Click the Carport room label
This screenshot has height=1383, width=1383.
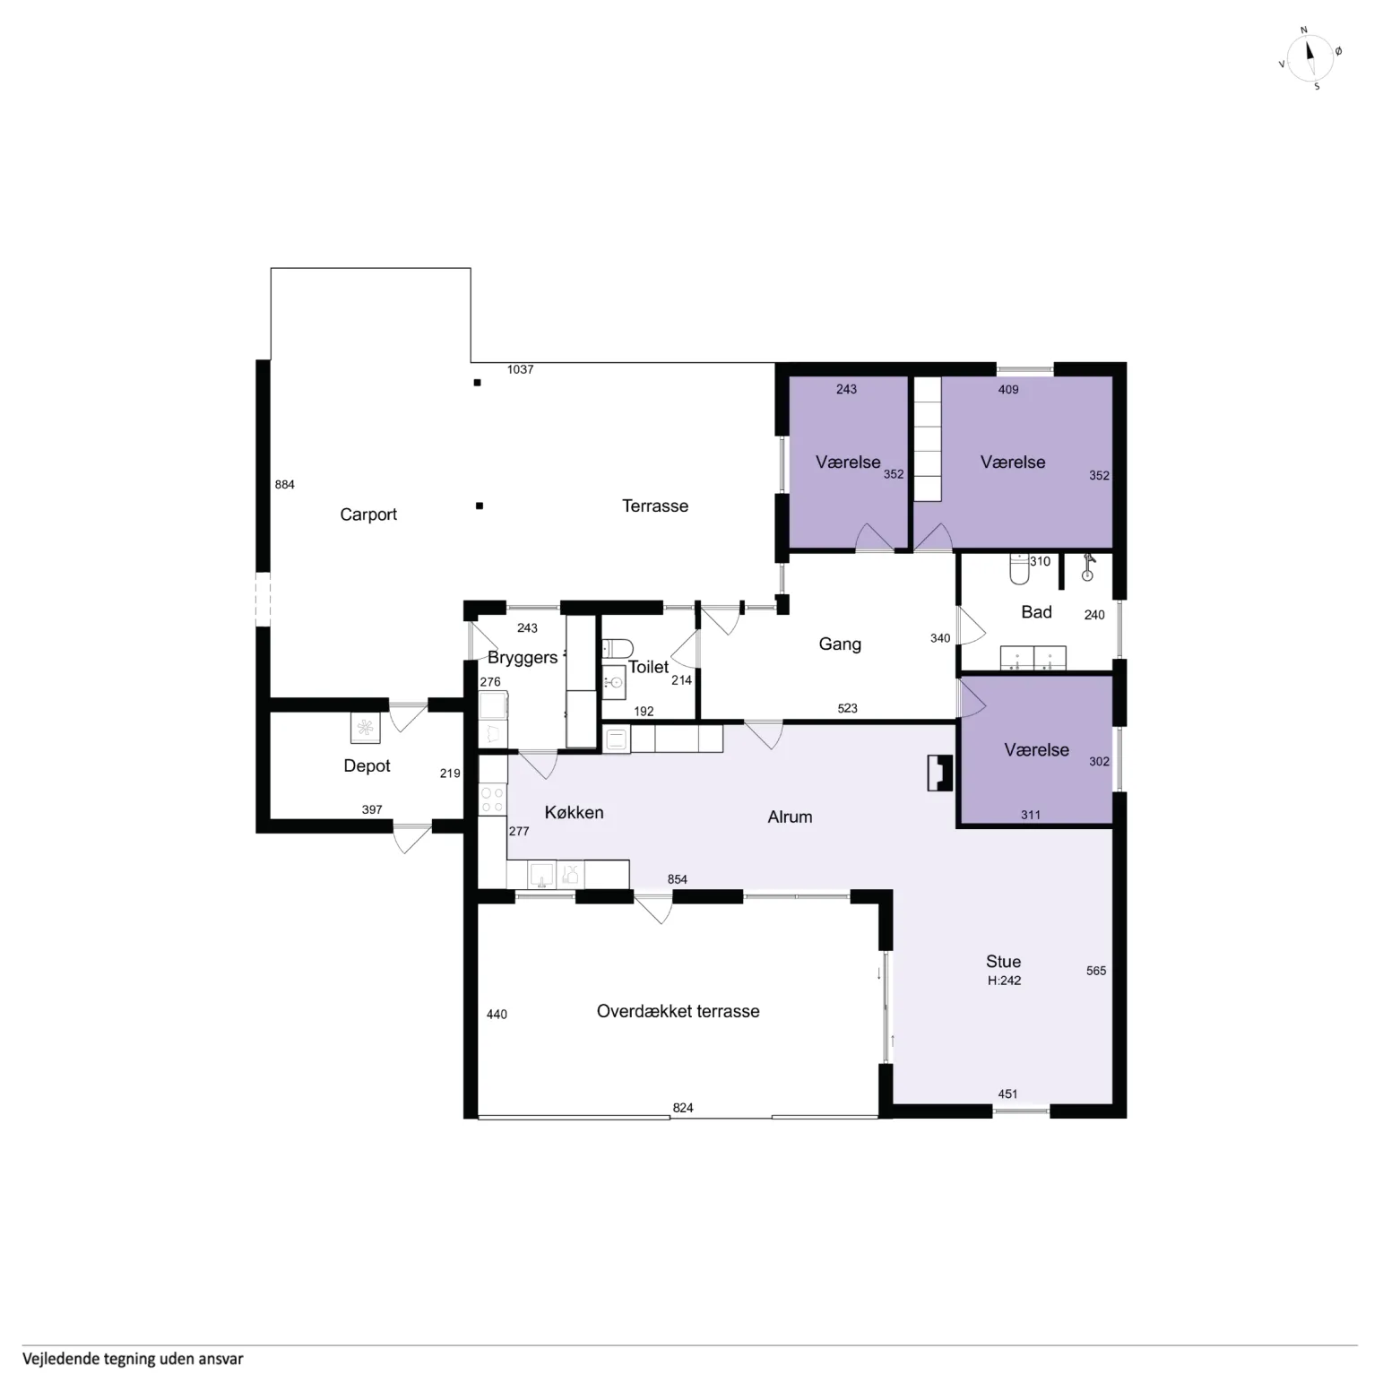pyautogui.click(x=368, y=514)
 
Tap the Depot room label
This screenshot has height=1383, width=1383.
pyautogui.click(x=367, y=765)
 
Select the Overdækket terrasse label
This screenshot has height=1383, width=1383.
pyautogui.click(x=678, y=1011)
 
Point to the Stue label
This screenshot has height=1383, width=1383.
pyautogui.click(x=1003, y=962)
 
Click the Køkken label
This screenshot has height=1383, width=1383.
pyautogui.click(x=574, y=812)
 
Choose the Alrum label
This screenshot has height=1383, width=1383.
pyautogui.click(x=790, y=817)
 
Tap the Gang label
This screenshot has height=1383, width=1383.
pyautogui.click(x=840, y=644)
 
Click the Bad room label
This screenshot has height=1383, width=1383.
pyautogui.click(x=1036, y=612)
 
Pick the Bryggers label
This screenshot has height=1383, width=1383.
pyautogui.click(x=523, y=658)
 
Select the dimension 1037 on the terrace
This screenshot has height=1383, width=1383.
pyautogui.click(x=520, y=369)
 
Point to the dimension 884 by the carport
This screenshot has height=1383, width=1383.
pyautogui.click(x=284, y=485)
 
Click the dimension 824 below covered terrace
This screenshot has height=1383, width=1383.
pyautogui.click(x=683, y=1108)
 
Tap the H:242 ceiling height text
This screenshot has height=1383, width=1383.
pyautogui.click(x=1004, y=981)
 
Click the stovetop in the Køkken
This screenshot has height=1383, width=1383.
pyautogui.click(x=492, y=800)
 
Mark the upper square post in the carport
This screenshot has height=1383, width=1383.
pyautogui.click(x=478, y=383)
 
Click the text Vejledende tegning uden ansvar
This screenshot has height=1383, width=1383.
pyautogui.click(x=133, y=1359)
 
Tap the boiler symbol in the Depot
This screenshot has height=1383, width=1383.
pyautogui.click(x=365, y=728)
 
